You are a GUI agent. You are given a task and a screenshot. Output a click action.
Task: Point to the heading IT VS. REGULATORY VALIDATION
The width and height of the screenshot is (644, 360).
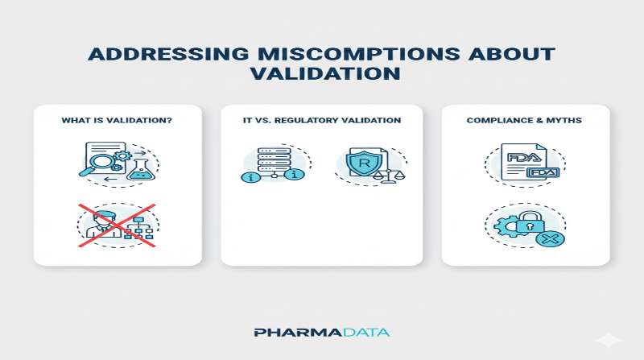pos(321,121)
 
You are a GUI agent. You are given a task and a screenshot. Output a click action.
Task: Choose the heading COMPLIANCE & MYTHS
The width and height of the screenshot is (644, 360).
pos(526,121)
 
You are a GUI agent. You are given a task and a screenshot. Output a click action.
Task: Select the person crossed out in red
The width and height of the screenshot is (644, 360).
pos(101,224)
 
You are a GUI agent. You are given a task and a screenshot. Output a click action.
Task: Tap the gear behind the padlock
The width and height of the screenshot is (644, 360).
pos(507,226)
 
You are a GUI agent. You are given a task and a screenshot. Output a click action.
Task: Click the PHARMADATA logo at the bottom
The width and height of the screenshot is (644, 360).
pos(322,333)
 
